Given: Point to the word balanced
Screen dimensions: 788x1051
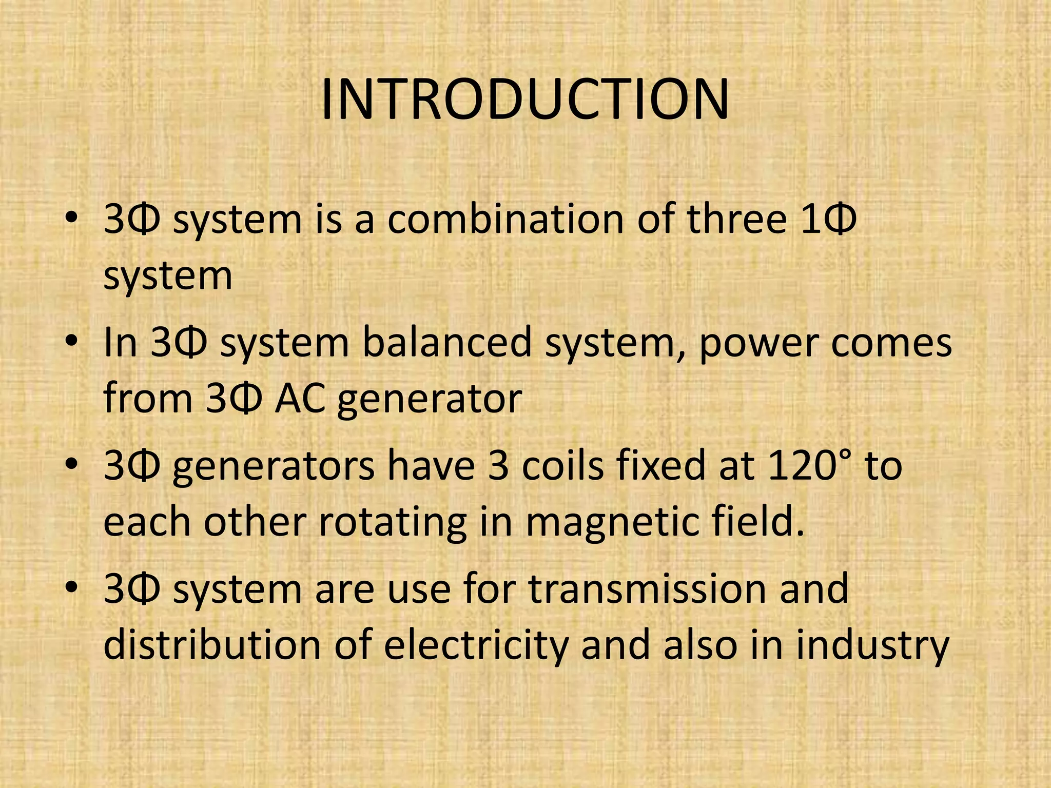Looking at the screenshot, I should click(x=446, y=343).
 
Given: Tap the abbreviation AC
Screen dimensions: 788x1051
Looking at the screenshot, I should click(x=300, y=399).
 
